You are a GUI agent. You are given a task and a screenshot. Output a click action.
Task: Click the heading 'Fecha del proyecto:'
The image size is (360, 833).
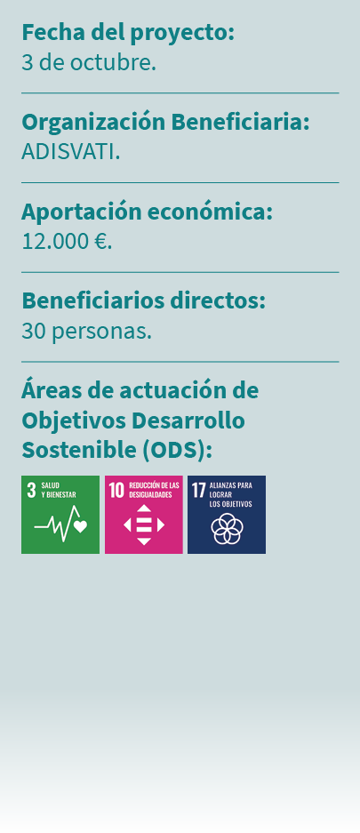point(128,33)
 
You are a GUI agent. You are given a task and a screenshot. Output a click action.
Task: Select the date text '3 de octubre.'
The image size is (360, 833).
point(89,62)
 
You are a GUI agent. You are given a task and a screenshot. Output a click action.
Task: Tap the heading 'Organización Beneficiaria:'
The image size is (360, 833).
point(165,122)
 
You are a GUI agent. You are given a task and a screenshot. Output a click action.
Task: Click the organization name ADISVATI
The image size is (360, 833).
point(71,151)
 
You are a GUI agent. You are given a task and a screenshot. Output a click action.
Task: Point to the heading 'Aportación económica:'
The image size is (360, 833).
point(147,212)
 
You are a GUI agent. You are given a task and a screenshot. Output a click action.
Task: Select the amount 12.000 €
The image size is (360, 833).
point(67,241)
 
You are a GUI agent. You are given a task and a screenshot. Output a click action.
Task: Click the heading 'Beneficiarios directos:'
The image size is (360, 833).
point(143,300)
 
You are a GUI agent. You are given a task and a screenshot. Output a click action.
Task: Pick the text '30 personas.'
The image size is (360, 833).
point(86,331)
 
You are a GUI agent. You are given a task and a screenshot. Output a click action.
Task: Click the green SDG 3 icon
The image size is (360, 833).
point(60,515)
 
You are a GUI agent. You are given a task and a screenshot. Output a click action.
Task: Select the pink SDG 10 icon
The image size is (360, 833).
point(143,515)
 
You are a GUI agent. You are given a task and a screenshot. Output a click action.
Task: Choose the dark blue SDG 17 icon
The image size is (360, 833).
point(226,515)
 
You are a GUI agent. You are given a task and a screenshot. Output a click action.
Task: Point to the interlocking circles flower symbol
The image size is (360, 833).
point(226,529)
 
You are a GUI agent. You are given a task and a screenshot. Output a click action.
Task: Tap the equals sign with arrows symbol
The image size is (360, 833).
point(143,525)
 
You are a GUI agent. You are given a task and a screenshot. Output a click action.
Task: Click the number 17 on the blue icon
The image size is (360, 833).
point(198,490)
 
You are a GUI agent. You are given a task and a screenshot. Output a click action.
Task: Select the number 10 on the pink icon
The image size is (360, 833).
point(116,490)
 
